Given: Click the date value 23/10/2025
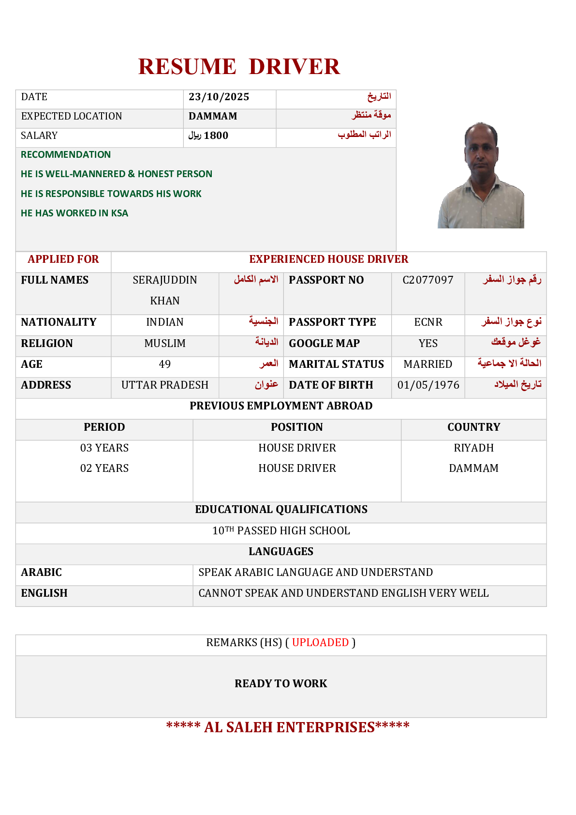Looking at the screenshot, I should point(219,97).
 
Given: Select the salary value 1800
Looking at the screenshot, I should point(216,136).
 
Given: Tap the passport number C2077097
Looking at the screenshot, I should point(428,280).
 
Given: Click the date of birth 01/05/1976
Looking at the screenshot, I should point(428,385).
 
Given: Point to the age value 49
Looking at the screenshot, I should point(165,364).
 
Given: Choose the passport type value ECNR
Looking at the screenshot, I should point(428,322).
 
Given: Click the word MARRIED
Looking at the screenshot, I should point(428,364).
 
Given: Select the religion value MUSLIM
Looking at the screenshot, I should point(165,343).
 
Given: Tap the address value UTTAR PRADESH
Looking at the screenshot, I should point(165,385).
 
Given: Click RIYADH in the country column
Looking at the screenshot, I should point(473,448).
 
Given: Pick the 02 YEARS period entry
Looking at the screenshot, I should point(104,468).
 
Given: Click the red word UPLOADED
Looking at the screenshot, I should point(320,642).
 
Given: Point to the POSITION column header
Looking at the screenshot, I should point(297,427).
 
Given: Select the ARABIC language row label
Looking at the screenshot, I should point(42,572).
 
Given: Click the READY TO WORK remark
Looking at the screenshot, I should point(281,683).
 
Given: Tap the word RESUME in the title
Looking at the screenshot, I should point(187,67).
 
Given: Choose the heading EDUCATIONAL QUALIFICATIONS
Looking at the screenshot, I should point(281,509).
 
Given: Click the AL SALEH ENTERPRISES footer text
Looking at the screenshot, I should point(289,727).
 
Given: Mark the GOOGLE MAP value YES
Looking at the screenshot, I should point(428,343).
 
